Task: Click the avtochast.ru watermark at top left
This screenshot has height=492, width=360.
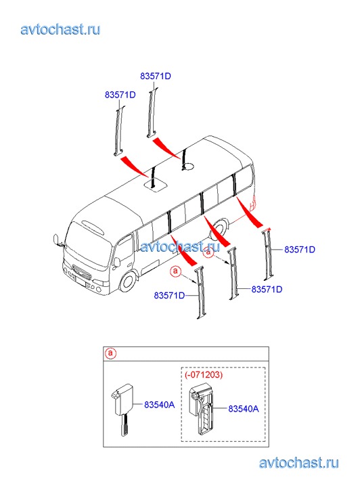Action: [x=61, y=30]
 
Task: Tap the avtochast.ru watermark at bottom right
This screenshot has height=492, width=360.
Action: [x=299, y=463]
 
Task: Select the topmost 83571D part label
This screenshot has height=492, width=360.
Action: [x=156, y=76]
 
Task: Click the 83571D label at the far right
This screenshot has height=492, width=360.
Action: [x=300, y=250]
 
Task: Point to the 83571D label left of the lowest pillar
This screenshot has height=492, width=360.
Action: [x=169, y=295]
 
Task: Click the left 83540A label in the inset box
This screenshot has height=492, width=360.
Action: [x=160, y=405]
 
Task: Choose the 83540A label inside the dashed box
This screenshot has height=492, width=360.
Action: [x=244, y=409]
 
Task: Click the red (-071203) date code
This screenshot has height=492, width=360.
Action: [x=204, y=374]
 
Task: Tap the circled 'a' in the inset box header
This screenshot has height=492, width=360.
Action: [x=110, y=353]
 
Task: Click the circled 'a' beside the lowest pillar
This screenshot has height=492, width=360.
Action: [x=176, y=271]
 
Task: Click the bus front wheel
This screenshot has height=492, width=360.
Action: [x=128, y=280]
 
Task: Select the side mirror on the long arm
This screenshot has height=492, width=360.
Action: [x=56, y=240]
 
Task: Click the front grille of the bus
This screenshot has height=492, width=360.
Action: [x=82, y=271]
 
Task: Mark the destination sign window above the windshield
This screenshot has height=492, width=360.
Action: [x=93, y=227]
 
